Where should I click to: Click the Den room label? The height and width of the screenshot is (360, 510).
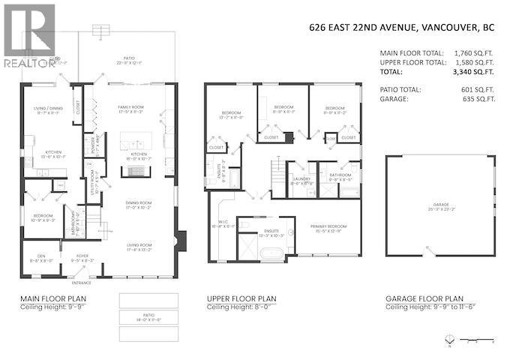37,256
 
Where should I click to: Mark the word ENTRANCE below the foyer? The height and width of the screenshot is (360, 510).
81,283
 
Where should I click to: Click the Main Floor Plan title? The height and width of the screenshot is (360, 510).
52,298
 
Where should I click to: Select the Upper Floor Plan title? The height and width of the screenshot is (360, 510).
241,298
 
